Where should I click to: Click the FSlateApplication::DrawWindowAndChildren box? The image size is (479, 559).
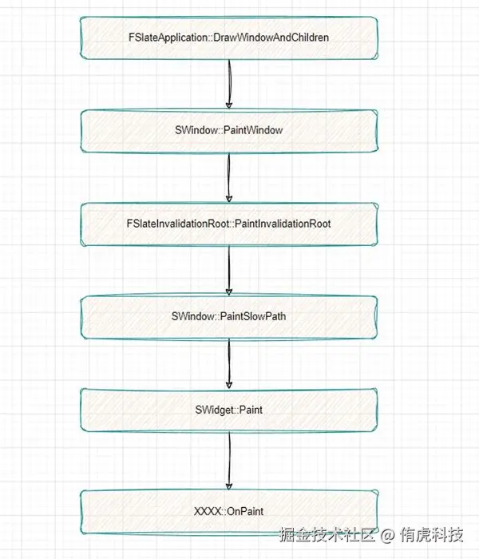(x=228, y=38)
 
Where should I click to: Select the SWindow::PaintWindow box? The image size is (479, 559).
(x=228, y=130)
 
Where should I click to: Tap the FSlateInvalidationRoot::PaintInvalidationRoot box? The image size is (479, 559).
(x=228, y=224)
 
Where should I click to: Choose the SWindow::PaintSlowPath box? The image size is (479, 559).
(x=228, y=316)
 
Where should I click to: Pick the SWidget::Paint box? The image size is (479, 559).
(x=228, y=410)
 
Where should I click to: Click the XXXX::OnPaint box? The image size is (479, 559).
(x=228, y=510)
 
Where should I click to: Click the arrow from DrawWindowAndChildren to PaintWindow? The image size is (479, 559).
(x=228, y=84)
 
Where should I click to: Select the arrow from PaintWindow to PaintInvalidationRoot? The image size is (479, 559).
(x=228, y=177)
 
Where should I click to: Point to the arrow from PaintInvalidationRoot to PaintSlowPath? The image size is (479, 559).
(x=229, y=270)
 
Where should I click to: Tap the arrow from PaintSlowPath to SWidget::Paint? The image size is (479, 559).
(x=229, y=363)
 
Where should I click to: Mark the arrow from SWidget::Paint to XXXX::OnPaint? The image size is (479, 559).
(x=229, y=460)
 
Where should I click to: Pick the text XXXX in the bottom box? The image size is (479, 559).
(x=206, y=510)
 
